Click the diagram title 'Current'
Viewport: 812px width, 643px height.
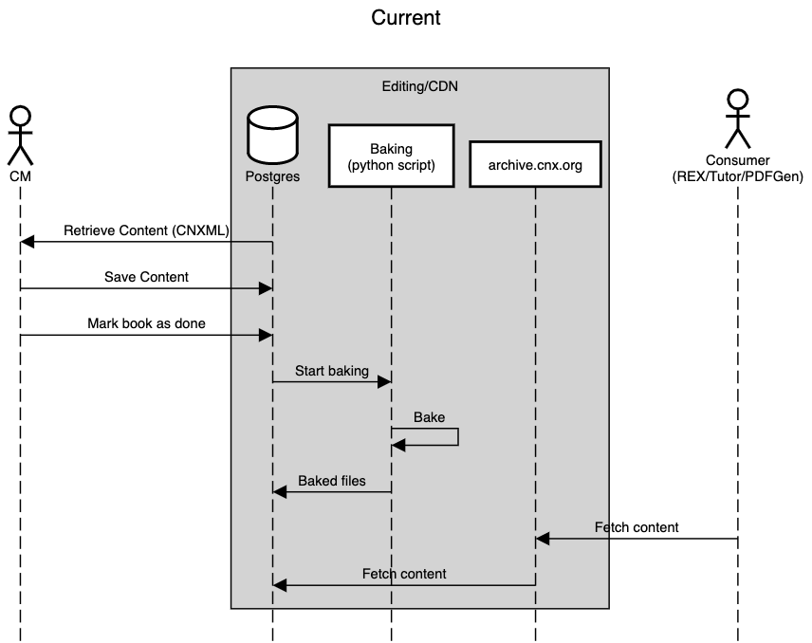405,18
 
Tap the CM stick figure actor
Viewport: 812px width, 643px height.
20,135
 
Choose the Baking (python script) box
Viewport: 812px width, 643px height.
391,156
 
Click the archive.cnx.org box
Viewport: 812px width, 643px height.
535,165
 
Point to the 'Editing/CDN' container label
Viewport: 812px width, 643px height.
419,86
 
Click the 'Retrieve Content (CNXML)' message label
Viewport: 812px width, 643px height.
146,230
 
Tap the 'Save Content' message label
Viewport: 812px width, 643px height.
146,277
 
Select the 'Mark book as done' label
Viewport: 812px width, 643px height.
146,323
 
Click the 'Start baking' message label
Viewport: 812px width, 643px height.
331,371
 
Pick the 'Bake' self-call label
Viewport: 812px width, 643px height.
429,417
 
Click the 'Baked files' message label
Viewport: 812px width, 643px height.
331,481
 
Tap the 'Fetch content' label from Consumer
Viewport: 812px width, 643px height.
637,527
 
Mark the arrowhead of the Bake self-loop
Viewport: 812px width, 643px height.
398,445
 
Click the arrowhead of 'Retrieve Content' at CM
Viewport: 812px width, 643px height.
28,243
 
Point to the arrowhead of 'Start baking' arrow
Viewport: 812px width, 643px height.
384,381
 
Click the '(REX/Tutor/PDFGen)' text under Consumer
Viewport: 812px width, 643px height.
737,176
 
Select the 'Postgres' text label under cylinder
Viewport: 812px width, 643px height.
272,176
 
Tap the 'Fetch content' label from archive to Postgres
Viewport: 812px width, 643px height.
404,574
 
